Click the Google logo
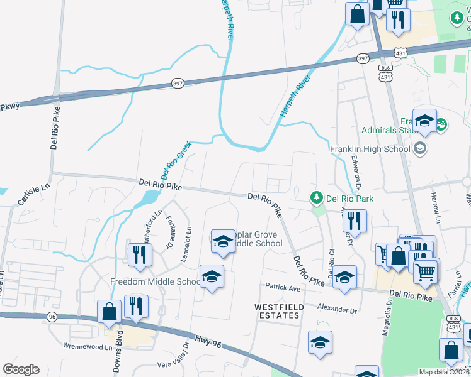pos(21,369)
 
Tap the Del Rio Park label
pos(350,199)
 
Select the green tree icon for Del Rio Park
pos(317,199)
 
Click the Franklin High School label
pos(370,149)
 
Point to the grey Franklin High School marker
pos(419,149)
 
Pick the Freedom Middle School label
pos(155,281)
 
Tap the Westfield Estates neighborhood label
pos(280,310)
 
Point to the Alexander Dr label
pos(337,309)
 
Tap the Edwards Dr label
pos(356,172)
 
